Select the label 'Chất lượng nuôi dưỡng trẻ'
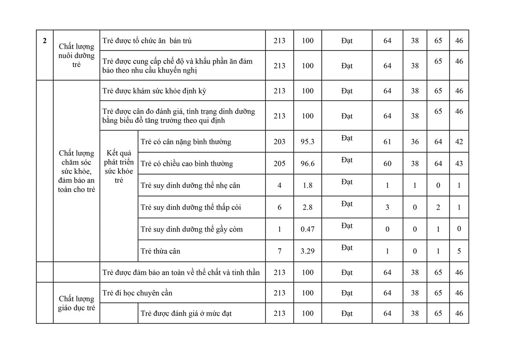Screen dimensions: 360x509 (x=77, y=55)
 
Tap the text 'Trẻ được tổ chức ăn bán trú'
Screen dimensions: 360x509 (x=147, y=41)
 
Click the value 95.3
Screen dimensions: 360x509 (x=307, y=142)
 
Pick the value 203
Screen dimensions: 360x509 (x=279, y=142)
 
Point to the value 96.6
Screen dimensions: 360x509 (x=307, y=164)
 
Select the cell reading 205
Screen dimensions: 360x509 (x=279, y=164)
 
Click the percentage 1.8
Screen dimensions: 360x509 (x=307, y=185)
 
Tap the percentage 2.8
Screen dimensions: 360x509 (x=307, y=207)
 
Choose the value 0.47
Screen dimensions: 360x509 (x=307, y=229)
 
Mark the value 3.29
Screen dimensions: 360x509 (x=307, y=251)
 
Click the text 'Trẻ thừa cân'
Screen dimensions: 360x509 (x=160, y=251)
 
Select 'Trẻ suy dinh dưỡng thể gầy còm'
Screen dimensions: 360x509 (x=191, y=229)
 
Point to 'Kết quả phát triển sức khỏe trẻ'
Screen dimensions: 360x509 (x=119, y=167)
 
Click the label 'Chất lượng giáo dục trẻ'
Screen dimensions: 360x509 (x=77, y=303)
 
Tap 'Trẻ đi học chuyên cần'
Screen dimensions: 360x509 (x=137, y=293)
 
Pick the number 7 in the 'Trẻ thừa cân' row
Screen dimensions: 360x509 (x=279, y=251)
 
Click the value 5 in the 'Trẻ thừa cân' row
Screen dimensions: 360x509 (x=459, y=251)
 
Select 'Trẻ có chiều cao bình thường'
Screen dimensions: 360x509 (x=186, y=164)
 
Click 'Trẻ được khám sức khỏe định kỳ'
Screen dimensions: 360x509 (x=154, y=91)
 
